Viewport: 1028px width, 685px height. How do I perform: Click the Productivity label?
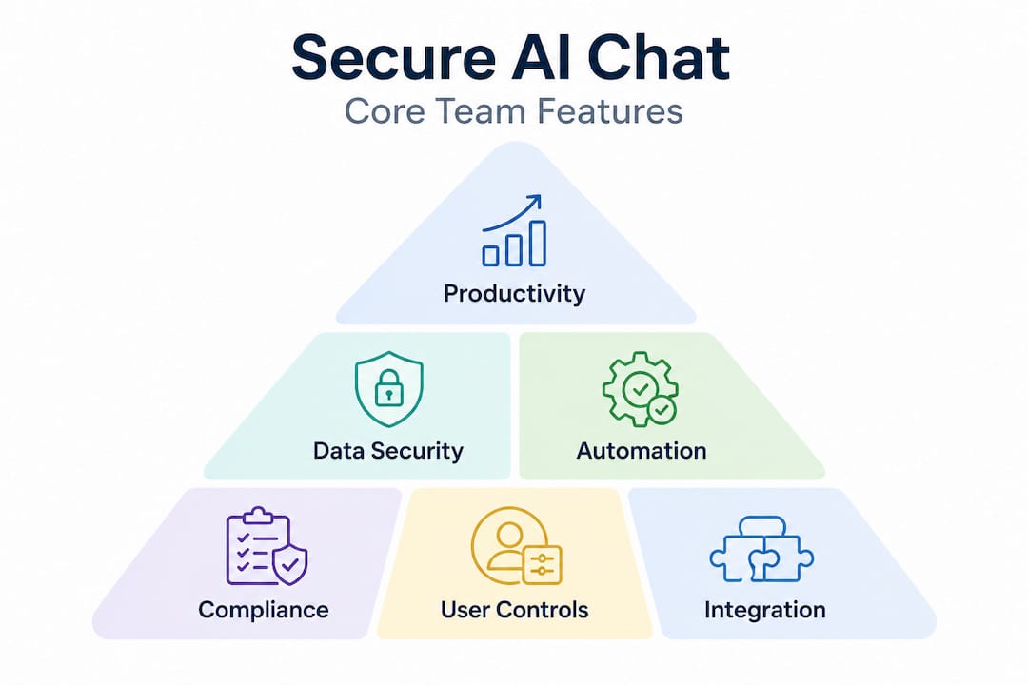[514, 292]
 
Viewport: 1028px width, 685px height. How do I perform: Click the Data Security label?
[388, 450]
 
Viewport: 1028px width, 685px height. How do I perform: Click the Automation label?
[642, 450]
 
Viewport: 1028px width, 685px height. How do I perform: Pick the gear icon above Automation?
[636, 386]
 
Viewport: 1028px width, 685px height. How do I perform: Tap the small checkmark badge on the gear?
[661, 410]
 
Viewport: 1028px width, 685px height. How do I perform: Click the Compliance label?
[263, 609]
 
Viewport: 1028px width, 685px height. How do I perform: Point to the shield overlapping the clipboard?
[289, 565]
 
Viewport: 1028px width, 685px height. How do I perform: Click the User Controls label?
[514, 609]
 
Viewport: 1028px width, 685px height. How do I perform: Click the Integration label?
[764, 609]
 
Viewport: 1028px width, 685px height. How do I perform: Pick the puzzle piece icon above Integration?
[761, 549]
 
